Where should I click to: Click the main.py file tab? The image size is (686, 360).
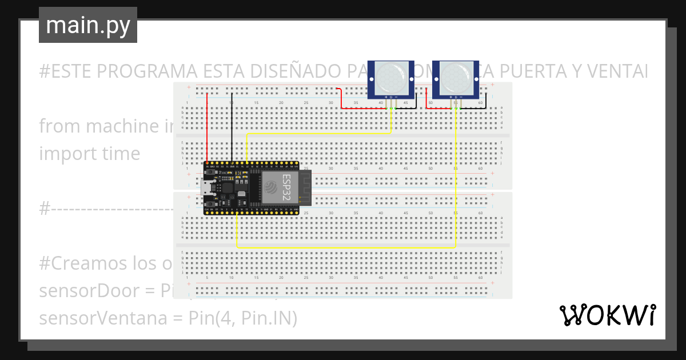(x=88, y=25)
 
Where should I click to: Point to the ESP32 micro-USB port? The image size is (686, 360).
(x=206, y=187)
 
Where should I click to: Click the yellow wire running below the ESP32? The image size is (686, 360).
(x=343, y=248)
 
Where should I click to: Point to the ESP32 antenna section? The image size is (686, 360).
(x=305, y=187)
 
